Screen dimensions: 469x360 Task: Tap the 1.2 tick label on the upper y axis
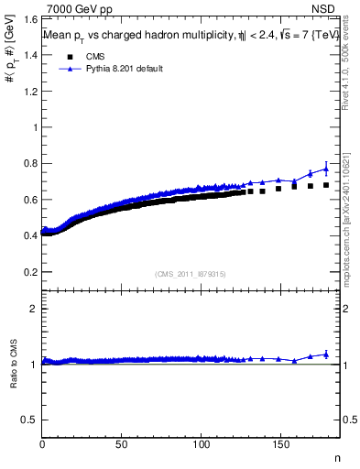point(29,91)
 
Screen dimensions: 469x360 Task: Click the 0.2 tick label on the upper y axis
point(29,272)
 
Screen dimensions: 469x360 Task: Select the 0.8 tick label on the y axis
point(29,163)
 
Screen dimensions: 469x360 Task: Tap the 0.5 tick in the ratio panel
point(29,420)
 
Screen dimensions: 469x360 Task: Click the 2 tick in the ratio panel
point(33,309)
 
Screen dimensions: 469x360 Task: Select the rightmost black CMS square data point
point(325,184)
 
